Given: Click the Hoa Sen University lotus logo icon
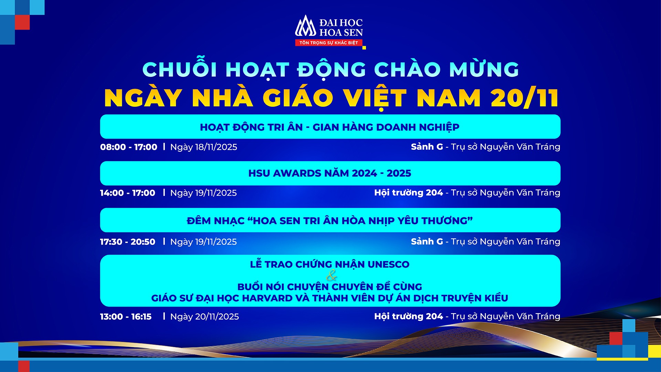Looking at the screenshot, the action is tap(305, 26).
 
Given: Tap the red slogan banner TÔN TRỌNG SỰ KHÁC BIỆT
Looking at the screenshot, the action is tap(328, 43).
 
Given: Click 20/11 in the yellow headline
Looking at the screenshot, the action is tap(524, 98).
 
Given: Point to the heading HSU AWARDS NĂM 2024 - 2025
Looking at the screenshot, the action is tap(330, 173).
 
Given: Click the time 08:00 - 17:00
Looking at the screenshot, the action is tap(128, 147).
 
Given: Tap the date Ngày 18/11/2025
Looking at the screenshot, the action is tap(203, 147).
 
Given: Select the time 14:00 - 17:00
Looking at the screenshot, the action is tap(127, 193).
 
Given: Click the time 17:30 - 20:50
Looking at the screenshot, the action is tap(127, 242).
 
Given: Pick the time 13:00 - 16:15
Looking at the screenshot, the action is tap(126, 317).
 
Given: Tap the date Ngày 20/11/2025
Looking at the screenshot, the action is tap(204, 317).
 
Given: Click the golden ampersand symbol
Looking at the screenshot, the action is tap(331, 276).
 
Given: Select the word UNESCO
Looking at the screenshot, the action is tap(388, 265).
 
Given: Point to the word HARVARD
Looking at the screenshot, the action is tap(267, 298).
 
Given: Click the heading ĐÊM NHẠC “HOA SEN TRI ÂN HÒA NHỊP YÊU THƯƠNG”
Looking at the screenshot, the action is tap(330, 221).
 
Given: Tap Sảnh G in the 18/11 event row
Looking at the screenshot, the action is tap(427, 147).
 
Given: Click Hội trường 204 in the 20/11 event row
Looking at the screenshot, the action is tap(408, 316).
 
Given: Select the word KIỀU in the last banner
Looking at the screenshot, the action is tap(496, 298).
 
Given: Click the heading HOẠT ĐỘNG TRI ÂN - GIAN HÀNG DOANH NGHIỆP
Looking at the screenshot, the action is tap(330, 127).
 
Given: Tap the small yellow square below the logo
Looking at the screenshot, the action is tap(364, 48).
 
